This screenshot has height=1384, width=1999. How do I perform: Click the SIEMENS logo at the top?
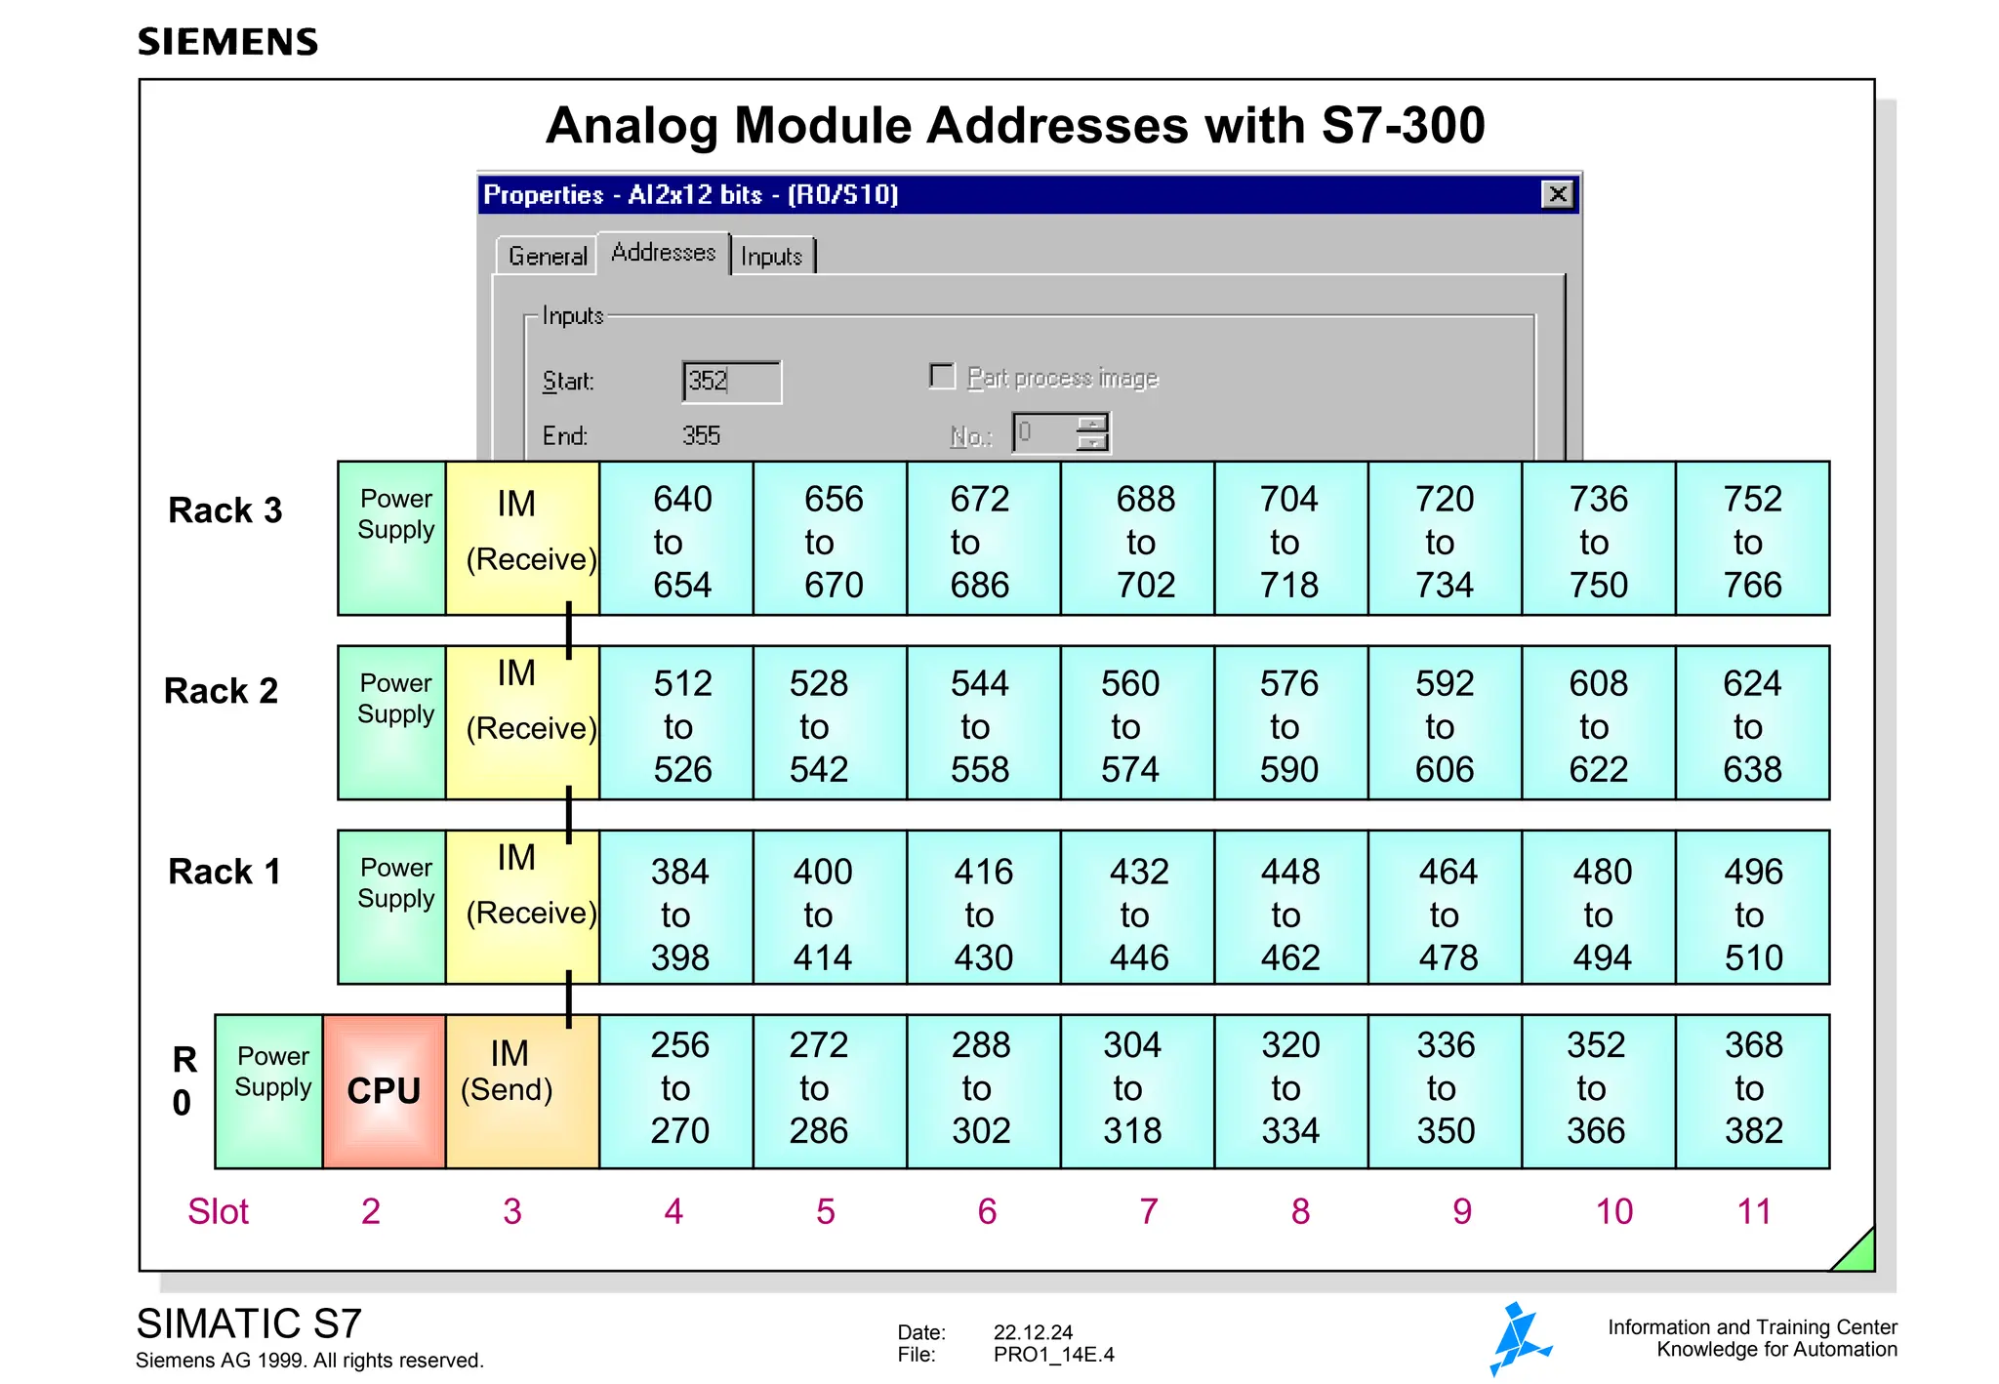pos(227,42)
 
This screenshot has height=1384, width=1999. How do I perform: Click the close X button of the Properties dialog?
pos(1557,194)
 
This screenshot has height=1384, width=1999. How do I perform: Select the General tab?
pos(547,256)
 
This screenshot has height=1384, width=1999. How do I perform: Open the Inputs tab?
pos(771,256)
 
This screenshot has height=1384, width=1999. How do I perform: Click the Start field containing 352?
pos(731,381)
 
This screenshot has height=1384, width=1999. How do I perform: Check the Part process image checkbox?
pos(942,377)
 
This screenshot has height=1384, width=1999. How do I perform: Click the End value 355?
pos(701,435)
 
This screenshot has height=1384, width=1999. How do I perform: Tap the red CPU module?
pos(384,1091)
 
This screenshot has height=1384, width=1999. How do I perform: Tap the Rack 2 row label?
pos(222,691)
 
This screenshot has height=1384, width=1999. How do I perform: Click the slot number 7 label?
pos(1148,1211)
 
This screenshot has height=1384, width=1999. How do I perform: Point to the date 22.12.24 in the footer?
pos(1033,1332)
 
